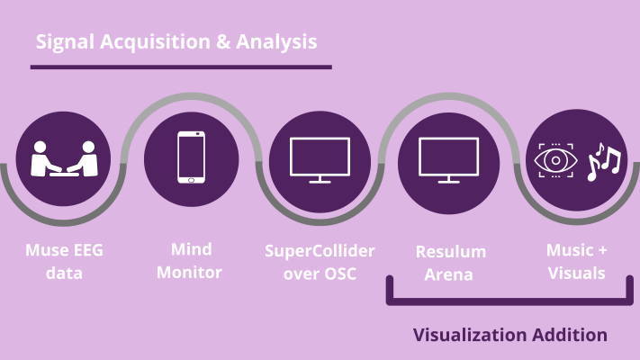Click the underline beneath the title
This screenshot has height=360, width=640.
click(x=181, y=67)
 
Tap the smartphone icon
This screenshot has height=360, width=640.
click(x=191, y=157)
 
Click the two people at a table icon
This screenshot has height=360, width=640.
click(x=64, y=158)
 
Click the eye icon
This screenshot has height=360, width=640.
click(x=554, y=160)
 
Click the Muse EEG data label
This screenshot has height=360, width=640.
click(x=64, y=261)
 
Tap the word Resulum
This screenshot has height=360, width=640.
click(x=447, y=251)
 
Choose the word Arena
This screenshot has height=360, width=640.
click(x=447, y=274)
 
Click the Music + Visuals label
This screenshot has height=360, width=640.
click(x=576, y=261)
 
